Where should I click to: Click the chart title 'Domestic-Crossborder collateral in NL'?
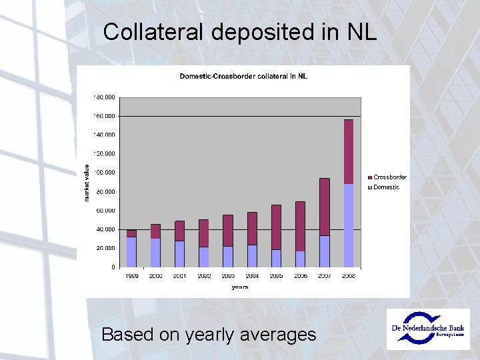point(243,76)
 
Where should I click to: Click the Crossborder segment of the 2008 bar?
point(348,151)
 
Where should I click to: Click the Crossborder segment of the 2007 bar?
point(324,207)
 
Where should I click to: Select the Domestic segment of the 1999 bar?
point(131,252)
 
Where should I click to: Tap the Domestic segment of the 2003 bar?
point(228,257)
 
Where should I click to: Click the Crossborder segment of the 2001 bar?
point(180,231)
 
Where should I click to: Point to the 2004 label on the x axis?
point(252,275)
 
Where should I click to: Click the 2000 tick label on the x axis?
point(156,275)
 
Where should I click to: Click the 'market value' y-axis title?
point(87,183)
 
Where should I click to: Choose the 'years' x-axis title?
point(240,287)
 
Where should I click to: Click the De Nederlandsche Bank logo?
point(427,328)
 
